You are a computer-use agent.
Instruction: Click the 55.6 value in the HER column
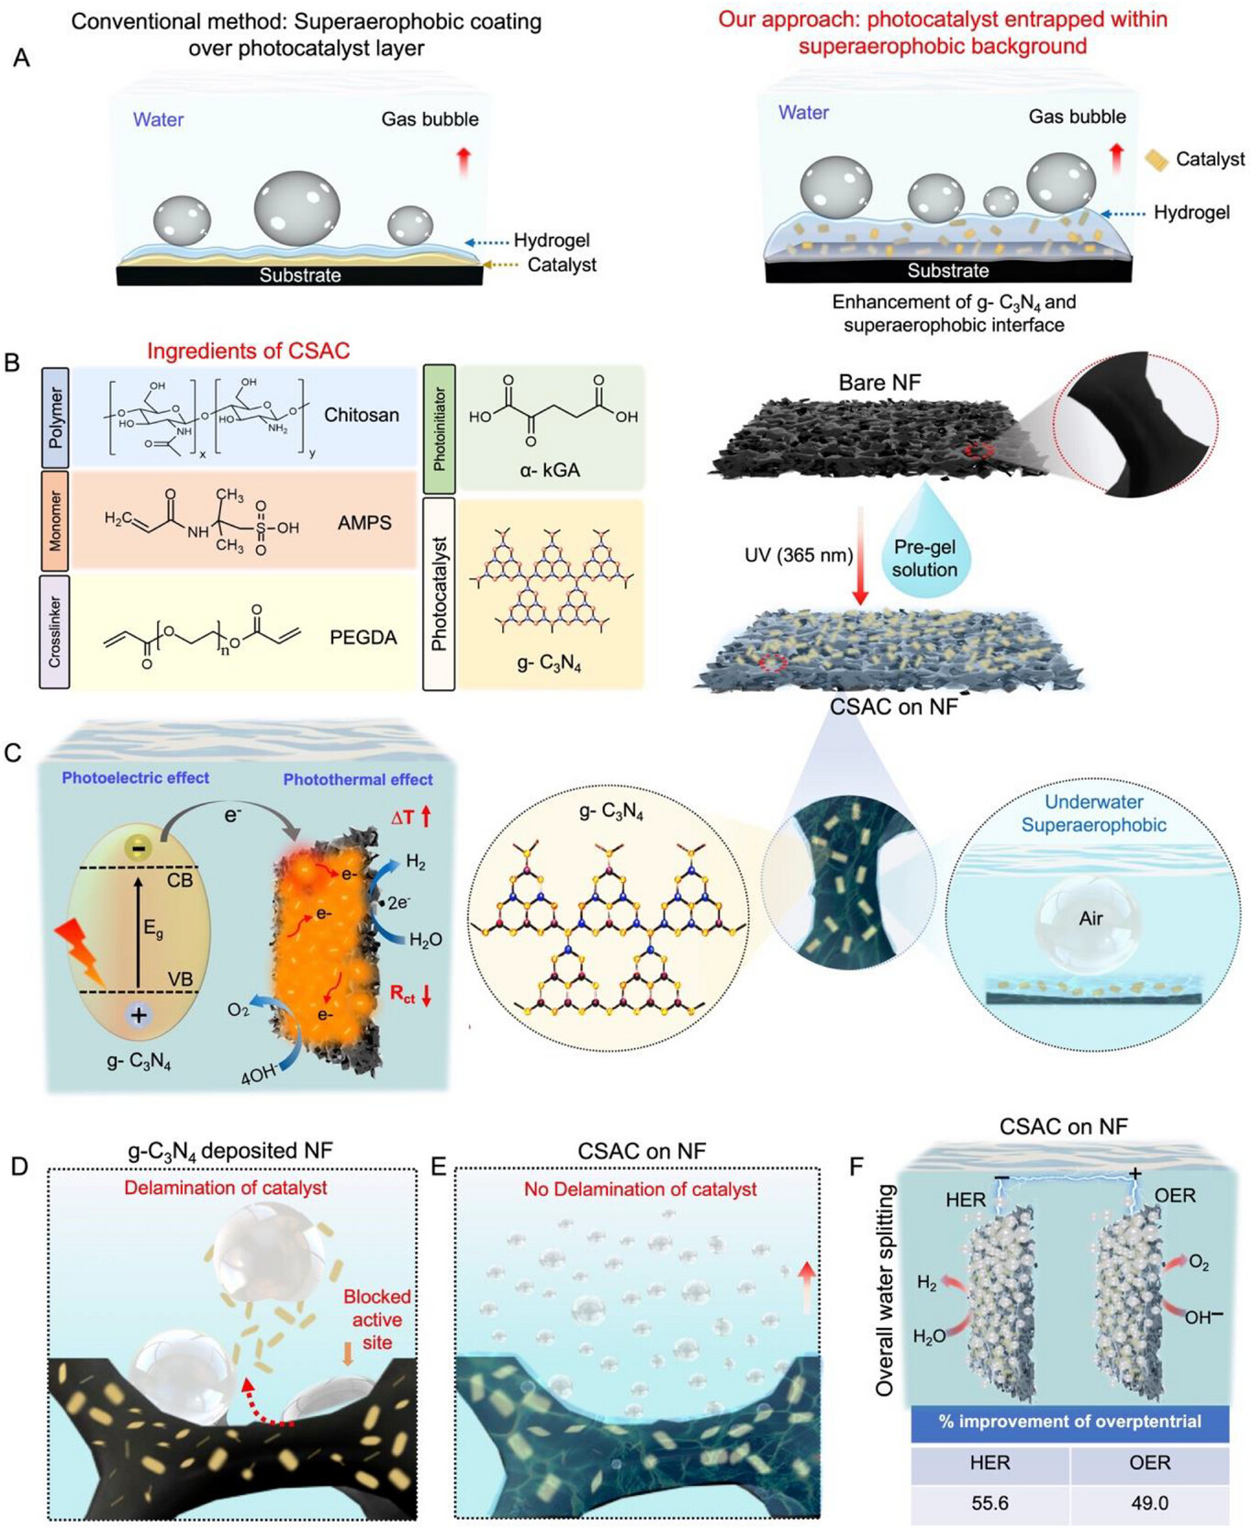[989, 1503]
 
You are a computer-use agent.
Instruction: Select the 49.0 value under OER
[1149, 1503]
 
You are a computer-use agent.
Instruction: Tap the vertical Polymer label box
[56, 416]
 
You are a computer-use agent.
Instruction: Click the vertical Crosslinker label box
[55, 631]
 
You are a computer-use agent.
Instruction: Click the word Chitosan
[362, 415]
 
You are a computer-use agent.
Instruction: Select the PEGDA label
[363, 637]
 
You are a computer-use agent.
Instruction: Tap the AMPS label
[364, 523]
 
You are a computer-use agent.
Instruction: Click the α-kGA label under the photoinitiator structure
[550, 470]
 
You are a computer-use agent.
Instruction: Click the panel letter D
[18, 1166]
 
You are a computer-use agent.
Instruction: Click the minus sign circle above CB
[138, 848]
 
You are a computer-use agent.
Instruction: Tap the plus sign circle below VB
[139, 1015]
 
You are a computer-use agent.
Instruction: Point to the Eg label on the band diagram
[152, 928]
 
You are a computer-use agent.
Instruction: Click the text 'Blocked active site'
[376, 1319]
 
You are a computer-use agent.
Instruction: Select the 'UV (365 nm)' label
[799, 554]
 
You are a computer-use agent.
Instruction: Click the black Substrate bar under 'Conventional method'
[299, 275]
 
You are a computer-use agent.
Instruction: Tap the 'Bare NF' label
[878, 382]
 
